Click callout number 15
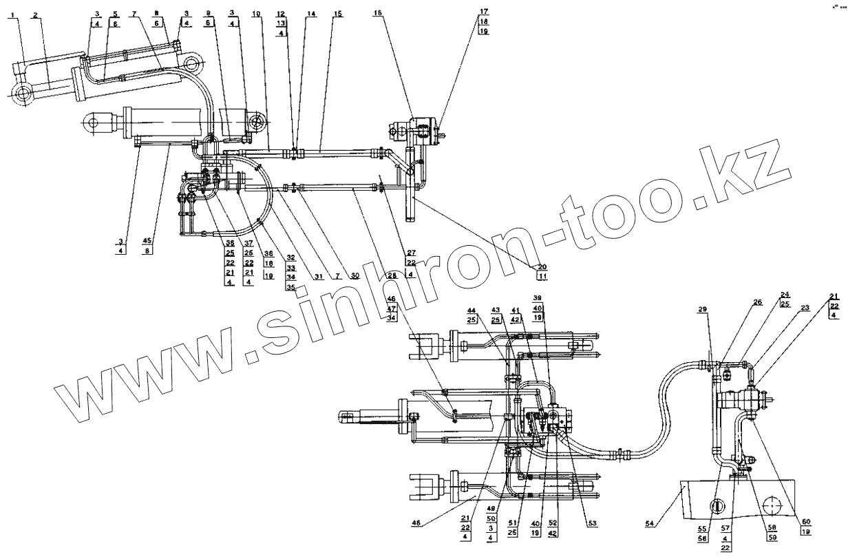tap(337, 14)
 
